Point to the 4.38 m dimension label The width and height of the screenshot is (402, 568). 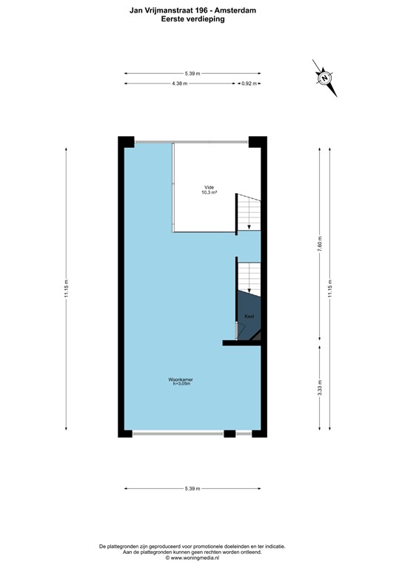tap(179, 84)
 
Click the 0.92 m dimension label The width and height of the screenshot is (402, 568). tap(249, 84)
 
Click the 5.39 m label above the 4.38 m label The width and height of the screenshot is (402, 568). tap(192, 73)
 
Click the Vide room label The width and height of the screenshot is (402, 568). tap(210, 187)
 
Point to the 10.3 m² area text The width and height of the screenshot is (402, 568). tap(210, 192)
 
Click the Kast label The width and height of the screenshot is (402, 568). tap(249, 317)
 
